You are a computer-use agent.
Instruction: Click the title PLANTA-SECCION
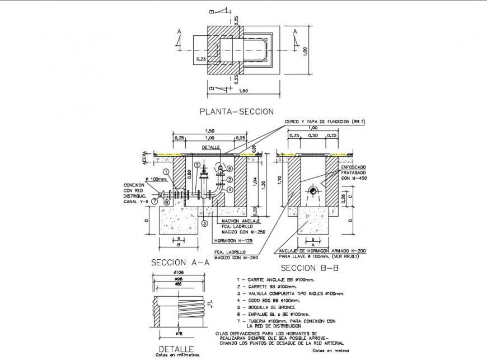coord(237,111)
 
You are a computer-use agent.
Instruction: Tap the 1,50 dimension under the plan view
coord(243,91)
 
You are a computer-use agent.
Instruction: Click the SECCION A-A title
coord(180,262)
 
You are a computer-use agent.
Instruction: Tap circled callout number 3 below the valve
coord(205,223)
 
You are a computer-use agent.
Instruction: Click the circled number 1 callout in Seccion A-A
coord(166,171)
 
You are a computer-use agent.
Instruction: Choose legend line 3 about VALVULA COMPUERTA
coord(291,293)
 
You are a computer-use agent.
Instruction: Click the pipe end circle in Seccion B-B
coord(313,191)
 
